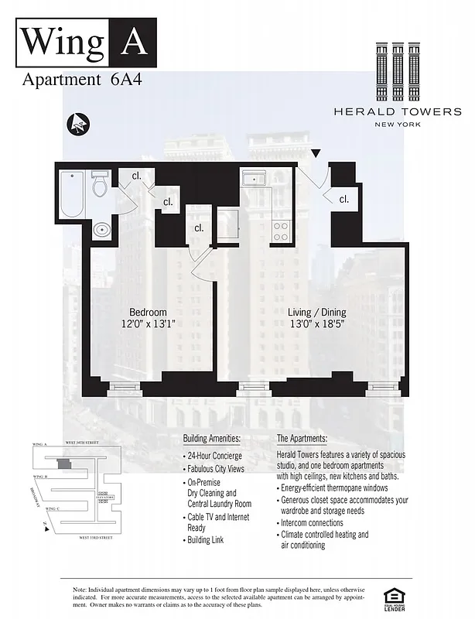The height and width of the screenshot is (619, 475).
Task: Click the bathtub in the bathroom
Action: (72, 194)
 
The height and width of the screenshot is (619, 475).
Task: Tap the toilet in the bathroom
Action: (100, 186)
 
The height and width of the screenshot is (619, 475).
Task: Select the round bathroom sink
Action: (101, 230)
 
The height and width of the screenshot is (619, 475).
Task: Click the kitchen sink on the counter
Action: (253, 180)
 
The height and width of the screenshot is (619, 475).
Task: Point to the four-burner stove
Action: (280, 230)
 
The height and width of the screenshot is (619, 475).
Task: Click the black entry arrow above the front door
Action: (316, 155)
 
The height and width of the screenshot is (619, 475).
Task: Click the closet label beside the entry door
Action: (343, 200)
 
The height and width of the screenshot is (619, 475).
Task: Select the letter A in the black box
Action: (134, 42)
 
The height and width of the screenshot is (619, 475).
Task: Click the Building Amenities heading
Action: (212, 439)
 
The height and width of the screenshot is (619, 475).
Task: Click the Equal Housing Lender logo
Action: (395, 597)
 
